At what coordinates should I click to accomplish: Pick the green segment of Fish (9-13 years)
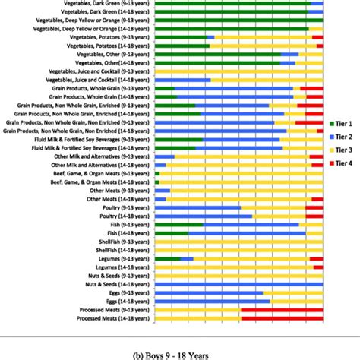178,224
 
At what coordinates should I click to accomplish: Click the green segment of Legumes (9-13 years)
167,258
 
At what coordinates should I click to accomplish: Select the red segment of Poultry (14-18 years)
314,216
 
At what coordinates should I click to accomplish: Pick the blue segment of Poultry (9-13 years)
197,207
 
